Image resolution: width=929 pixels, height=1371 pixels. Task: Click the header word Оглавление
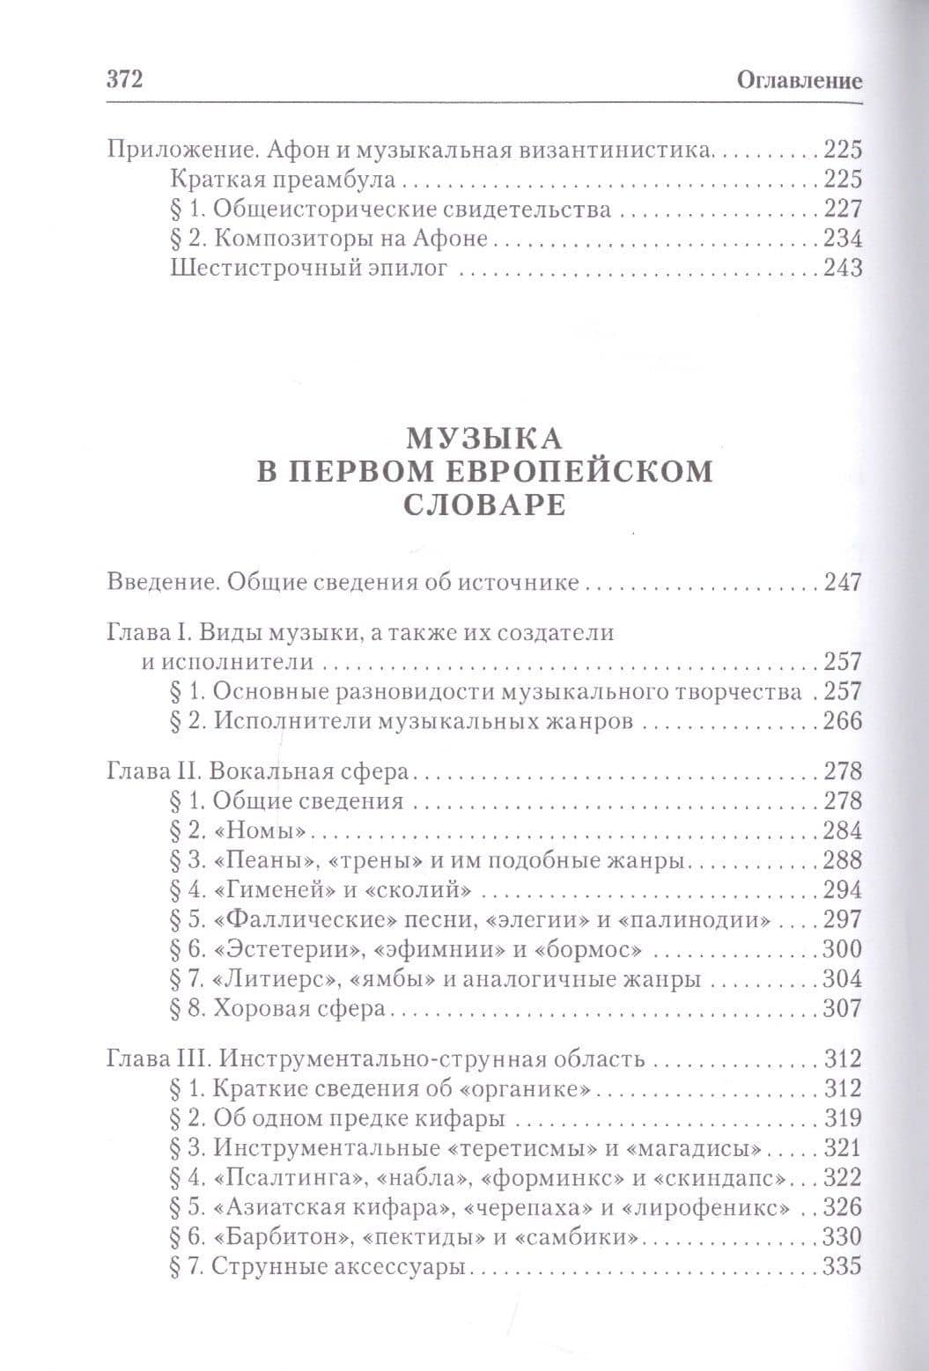click(x=798, y=82)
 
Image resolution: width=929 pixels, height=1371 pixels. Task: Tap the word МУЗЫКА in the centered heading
click(x=484, y=438)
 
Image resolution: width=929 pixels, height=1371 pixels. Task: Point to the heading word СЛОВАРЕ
click(x=484, y=507)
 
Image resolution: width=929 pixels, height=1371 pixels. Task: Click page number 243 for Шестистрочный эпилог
click(x=841, y=269)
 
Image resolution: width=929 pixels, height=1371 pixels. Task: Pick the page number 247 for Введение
click(x=841, y=583)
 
